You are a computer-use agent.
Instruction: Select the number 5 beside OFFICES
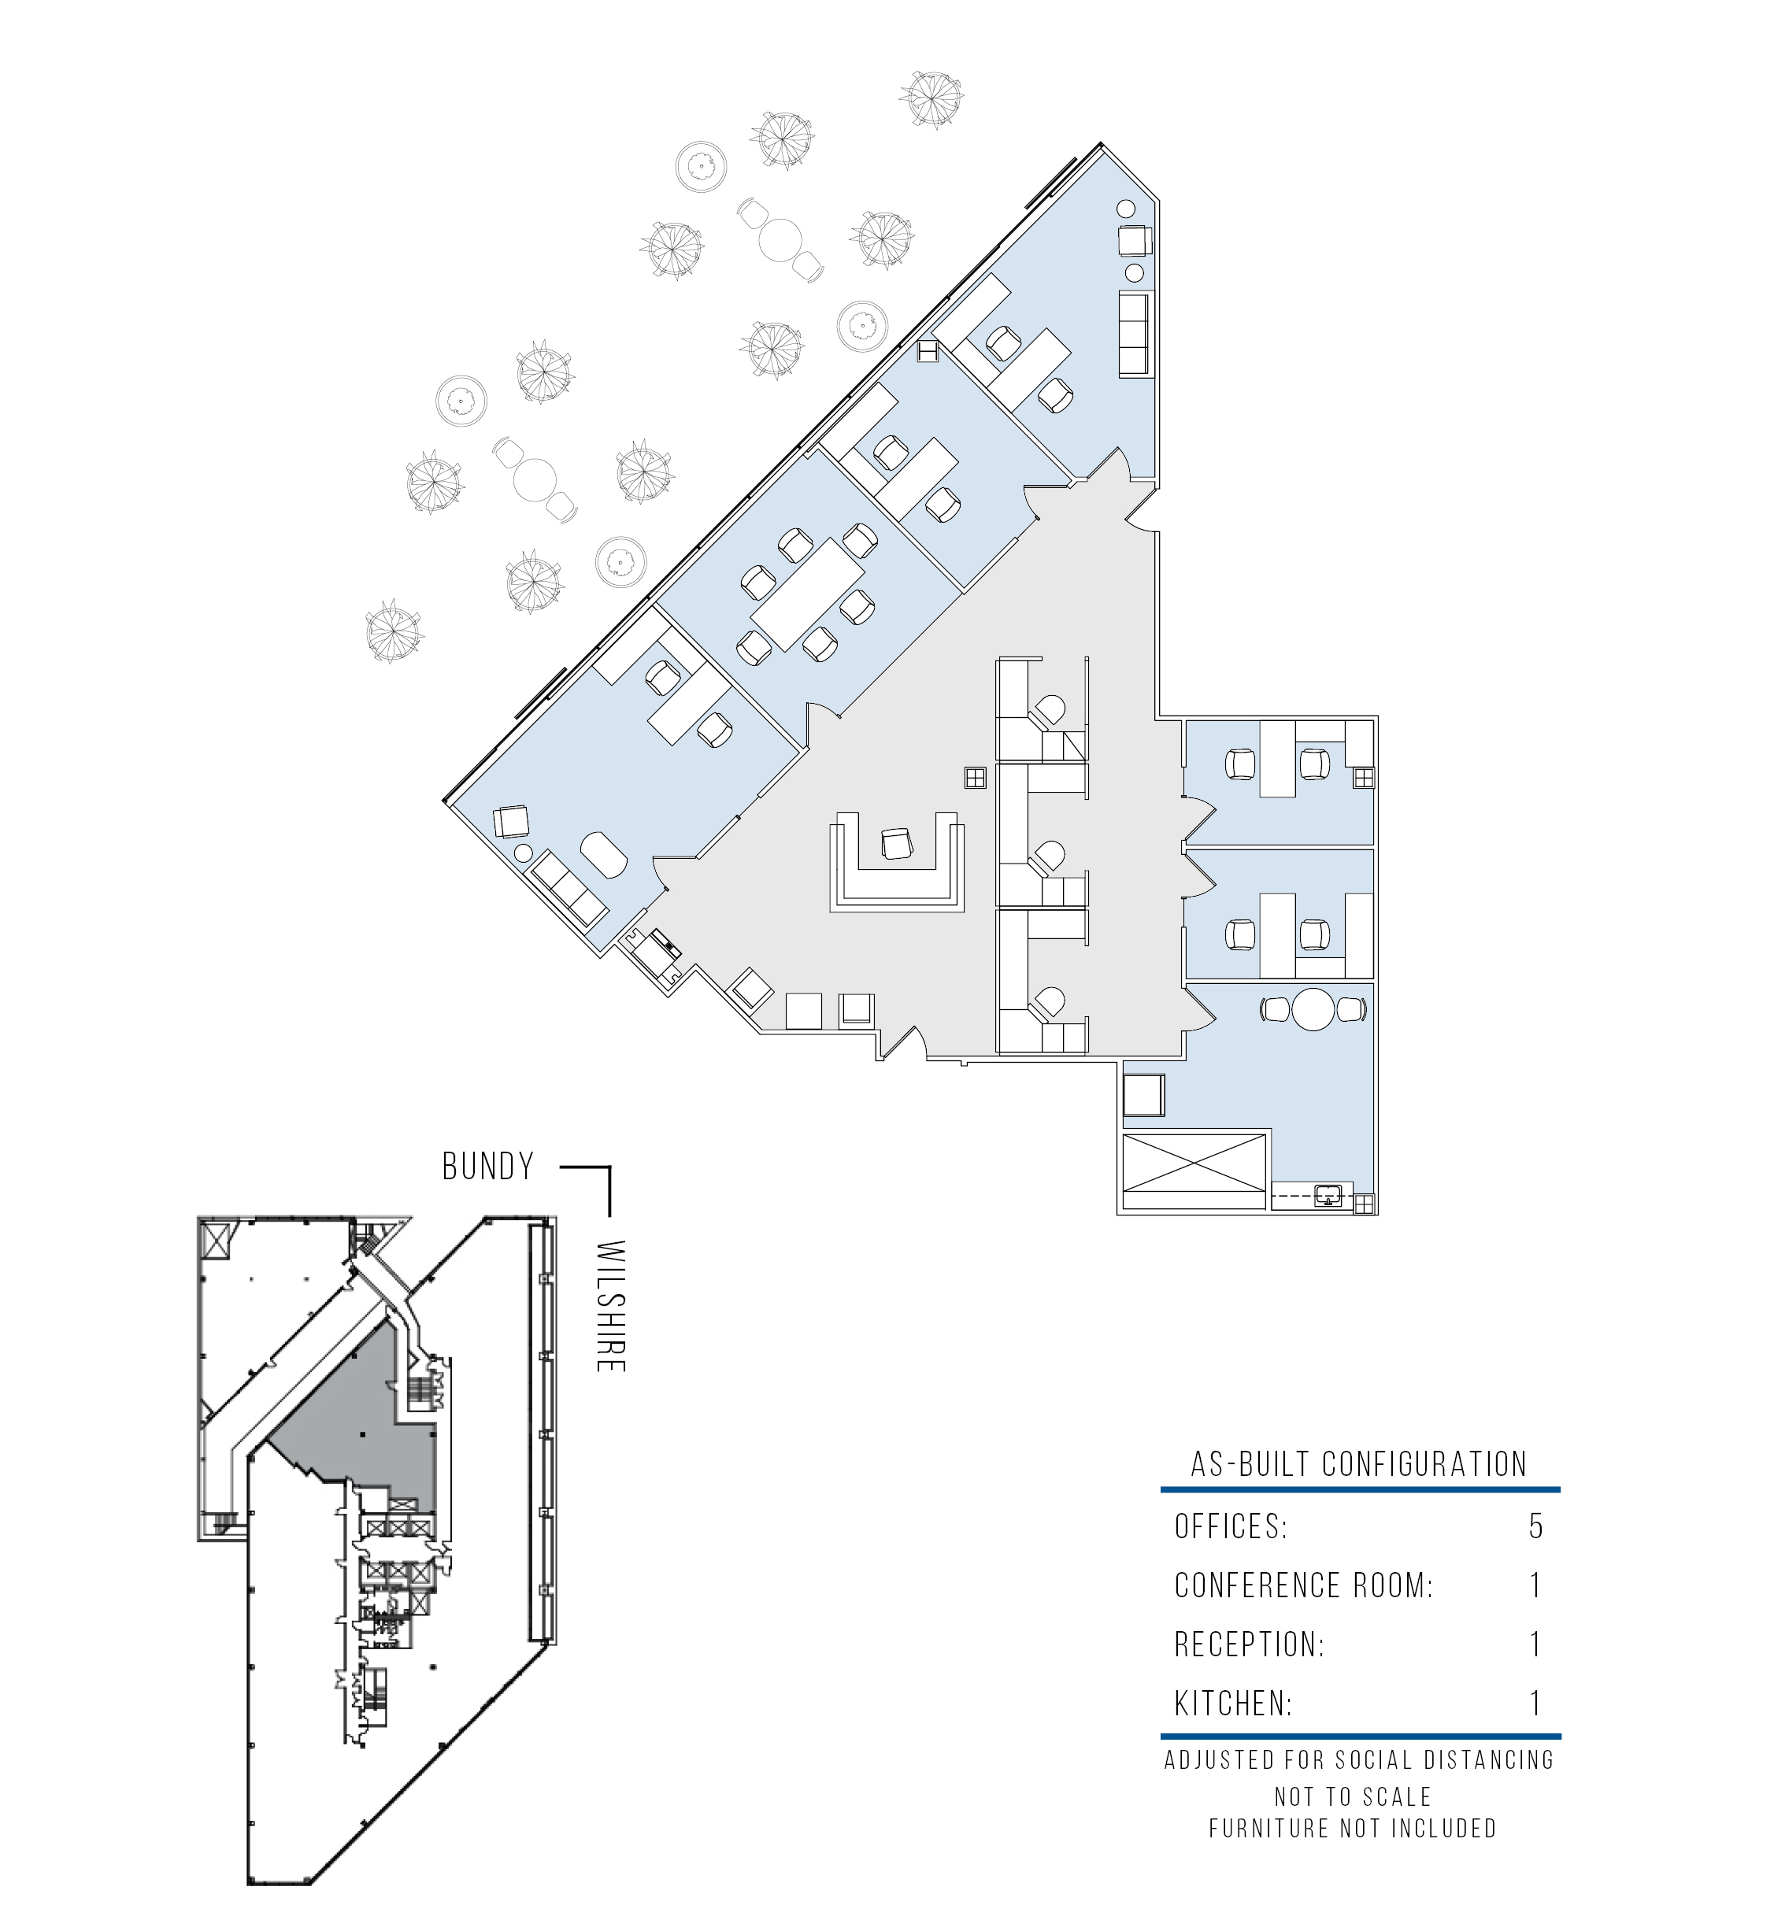[x=1536, y=1526]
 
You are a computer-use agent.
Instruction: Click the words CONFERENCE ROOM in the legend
[x=1302, y=1585]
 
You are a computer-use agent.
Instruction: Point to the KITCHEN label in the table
[x=1232, y=1703]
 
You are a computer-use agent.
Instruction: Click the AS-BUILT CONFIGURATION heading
[x=1359, y=1464]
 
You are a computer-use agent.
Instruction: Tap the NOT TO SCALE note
[x=1353, y=1796]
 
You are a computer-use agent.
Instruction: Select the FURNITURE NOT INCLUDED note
[x=1353, y=1829]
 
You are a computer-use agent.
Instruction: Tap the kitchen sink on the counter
[x=1328, y=1195]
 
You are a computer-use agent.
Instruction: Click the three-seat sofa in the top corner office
[x=1135, y=334]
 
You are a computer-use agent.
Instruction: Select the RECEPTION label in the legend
[x=1248, y=1644]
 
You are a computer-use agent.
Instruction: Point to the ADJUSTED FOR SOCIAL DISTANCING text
[x=1359, y=1760]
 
